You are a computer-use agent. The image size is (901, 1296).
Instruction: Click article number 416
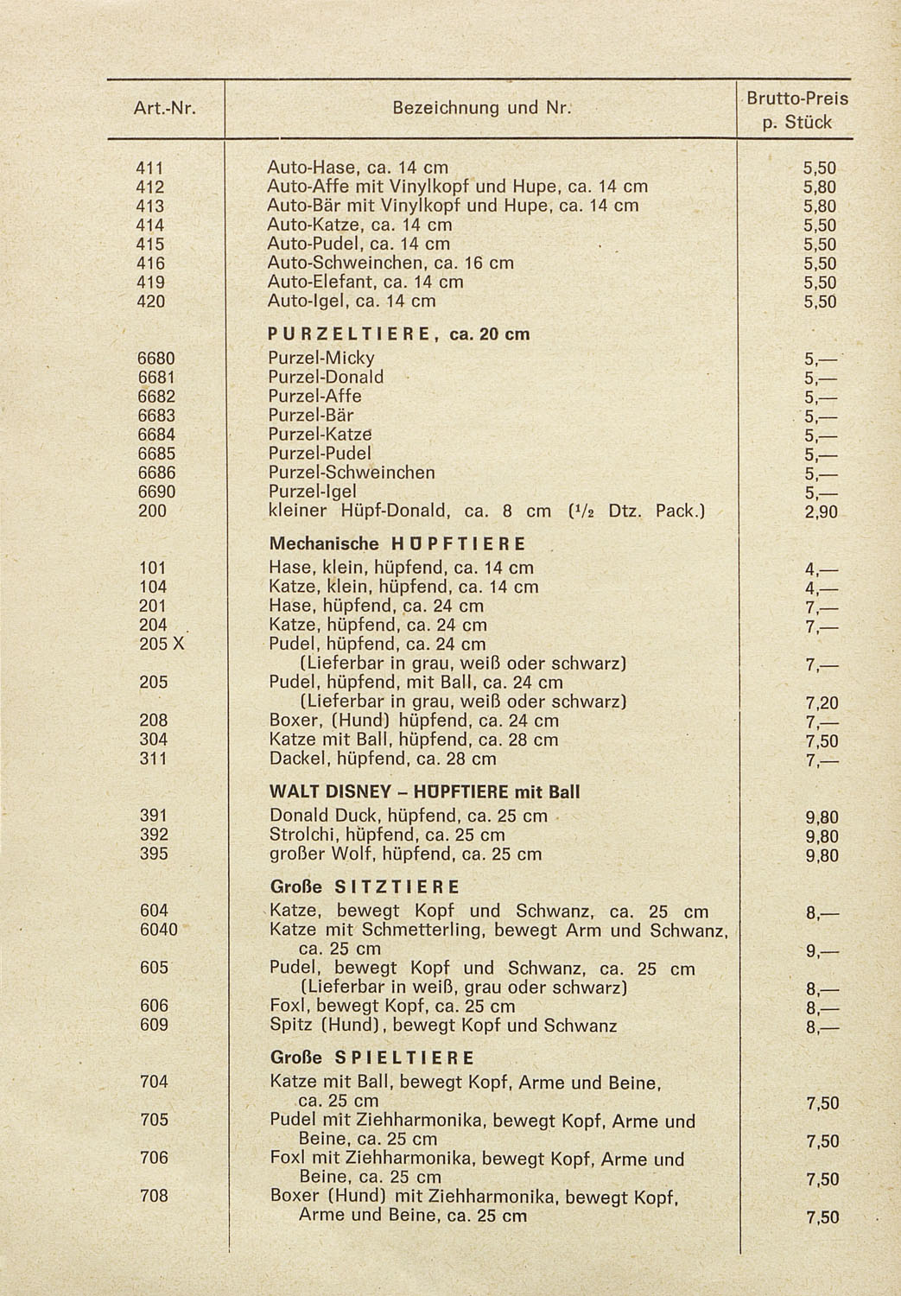[151, 263]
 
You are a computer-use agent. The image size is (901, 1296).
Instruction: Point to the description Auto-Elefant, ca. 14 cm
[365, 283]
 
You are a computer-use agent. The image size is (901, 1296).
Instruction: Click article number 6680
[156, 358]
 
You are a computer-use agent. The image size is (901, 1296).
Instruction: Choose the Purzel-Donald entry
[326, 377]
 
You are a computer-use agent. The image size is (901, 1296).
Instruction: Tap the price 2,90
[821, 513]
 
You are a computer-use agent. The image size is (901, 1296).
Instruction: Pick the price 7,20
[822, 703]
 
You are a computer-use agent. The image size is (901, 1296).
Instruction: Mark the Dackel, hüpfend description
[383, 759]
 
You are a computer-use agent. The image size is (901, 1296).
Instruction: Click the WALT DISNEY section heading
[424, 791]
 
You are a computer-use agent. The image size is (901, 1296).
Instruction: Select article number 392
[154, 835]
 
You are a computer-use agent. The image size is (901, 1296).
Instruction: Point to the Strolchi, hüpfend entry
[387, 835]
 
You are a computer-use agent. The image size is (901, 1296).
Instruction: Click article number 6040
[159, 930]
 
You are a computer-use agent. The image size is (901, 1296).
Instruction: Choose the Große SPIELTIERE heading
[371, 1058]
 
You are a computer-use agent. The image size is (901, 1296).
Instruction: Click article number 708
[154, 1196]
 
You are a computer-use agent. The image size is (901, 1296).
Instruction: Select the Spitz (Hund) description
[443, 1026]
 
